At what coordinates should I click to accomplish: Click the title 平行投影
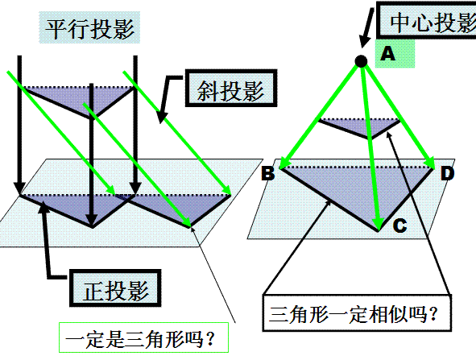(x=89, y=28)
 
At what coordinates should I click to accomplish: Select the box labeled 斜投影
(x=231, y=88)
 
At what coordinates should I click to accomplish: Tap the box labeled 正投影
(x=115, y=288)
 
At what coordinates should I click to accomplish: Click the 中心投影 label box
(x=426, y=20)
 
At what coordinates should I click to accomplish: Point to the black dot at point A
(x=361, y=61)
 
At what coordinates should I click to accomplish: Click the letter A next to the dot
(x=387, y=54)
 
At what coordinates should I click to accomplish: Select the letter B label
(x=268, y=174)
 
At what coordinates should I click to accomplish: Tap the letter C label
(x=399, y=226)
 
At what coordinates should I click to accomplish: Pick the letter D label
(x=448, y=174)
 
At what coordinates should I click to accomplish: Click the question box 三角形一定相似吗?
(x=357, y=312)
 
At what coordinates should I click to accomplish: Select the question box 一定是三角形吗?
(x=143, y=337)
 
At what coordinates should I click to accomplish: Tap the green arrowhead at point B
(x=284, y=163)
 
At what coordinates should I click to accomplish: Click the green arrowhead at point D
(x=429, y=163)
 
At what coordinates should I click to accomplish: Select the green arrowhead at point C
(x=378, y=224)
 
